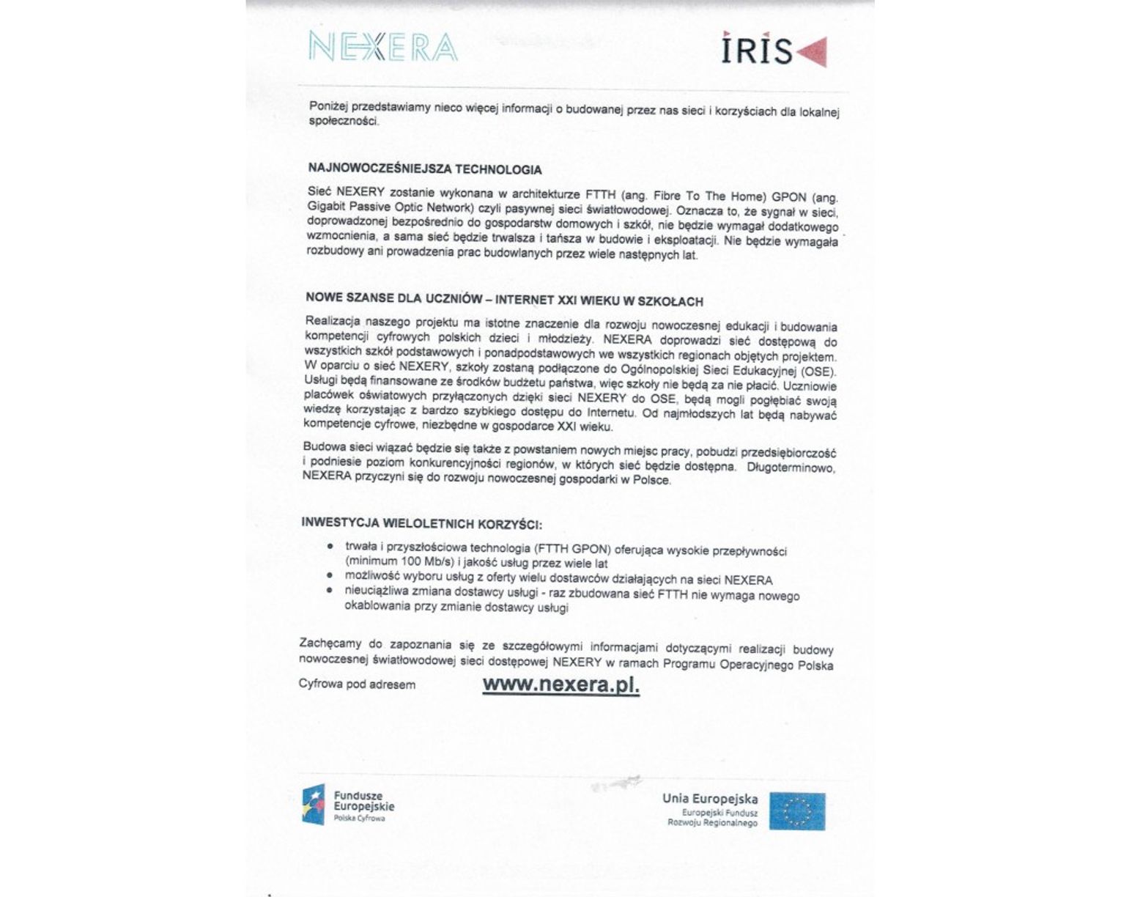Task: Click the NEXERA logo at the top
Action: tap(383, 47)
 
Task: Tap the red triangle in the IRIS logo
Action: tap(813, 51)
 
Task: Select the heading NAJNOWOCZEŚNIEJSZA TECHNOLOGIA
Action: tap(425, 169)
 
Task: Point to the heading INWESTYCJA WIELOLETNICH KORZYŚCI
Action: tap(421, 524)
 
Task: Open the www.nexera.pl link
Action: tap(560, 684)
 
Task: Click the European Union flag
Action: tap(797, 811)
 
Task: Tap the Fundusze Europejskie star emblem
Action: tap(313, 804)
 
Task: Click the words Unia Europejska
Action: tap(710, 799)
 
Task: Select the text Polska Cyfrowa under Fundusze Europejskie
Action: tap(359, 818)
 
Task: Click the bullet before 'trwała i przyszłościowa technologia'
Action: tap(330, 547)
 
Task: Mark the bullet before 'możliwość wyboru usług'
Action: tap(330, 576)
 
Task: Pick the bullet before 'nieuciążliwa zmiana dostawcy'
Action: tap(330, 590)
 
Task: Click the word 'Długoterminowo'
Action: tap(791, 467)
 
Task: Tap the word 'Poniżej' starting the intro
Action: tap(327, 106)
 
